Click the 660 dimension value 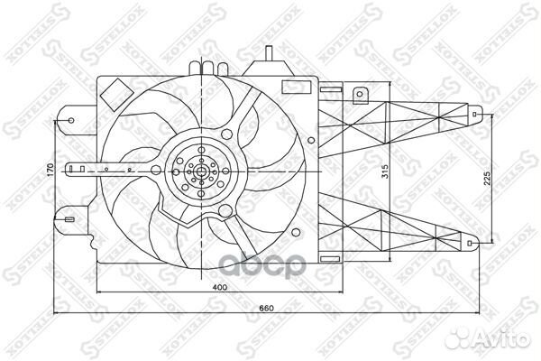tap(266, 309)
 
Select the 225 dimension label tap(486, 179)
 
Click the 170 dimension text tap(51, 169)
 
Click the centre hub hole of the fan tap(199, 169)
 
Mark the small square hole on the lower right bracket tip tap(475, 241)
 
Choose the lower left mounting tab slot tap(69, 217)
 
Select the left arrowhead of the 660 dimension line tap(59, 313)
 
